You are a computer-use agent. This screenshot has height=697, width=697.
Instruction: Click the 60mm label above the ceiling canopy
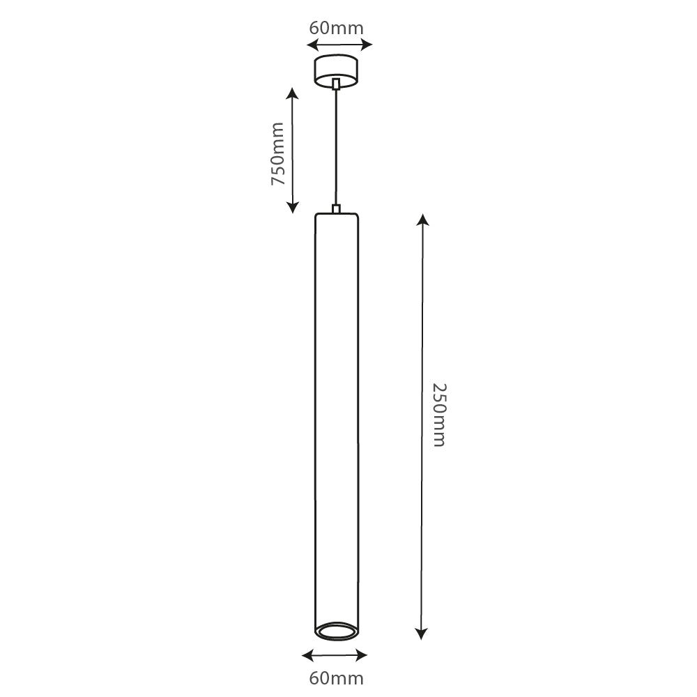click(336, 28)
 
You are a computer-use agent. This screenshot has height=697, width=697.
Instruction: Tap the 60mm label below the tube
click(336, 677)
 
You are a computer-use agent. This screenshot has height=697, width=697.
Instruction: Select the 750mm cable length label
click(278, 154)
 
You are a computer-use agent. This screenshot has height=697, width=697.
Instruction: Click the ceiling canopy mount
click(336, 71)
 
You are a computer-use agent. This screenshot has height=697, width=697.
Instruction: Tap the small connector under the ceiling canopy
click(336, 84)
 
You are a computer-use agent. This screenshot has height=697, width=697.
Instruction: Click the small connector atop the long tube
click(336, 208)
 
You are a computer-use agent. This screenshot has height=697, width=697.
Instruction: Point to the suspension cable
click(336, 146)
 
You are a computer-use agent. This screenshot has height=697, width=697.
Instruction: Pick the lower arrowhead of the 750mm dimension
click(293, 207)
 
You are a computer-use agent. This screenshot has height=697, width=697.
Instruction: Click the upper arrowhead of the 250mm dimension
click(422, 220)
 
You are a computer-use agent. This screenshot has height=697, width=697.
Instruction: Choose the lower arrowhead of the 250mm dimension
click(421, 634)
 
